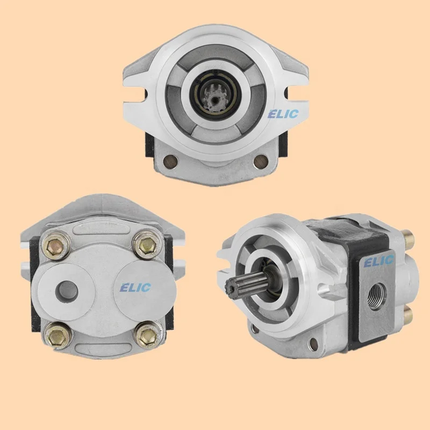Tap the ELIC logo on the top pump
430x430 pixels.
point(283,114)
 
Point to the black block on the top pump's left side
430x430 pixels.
point(150,145)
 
